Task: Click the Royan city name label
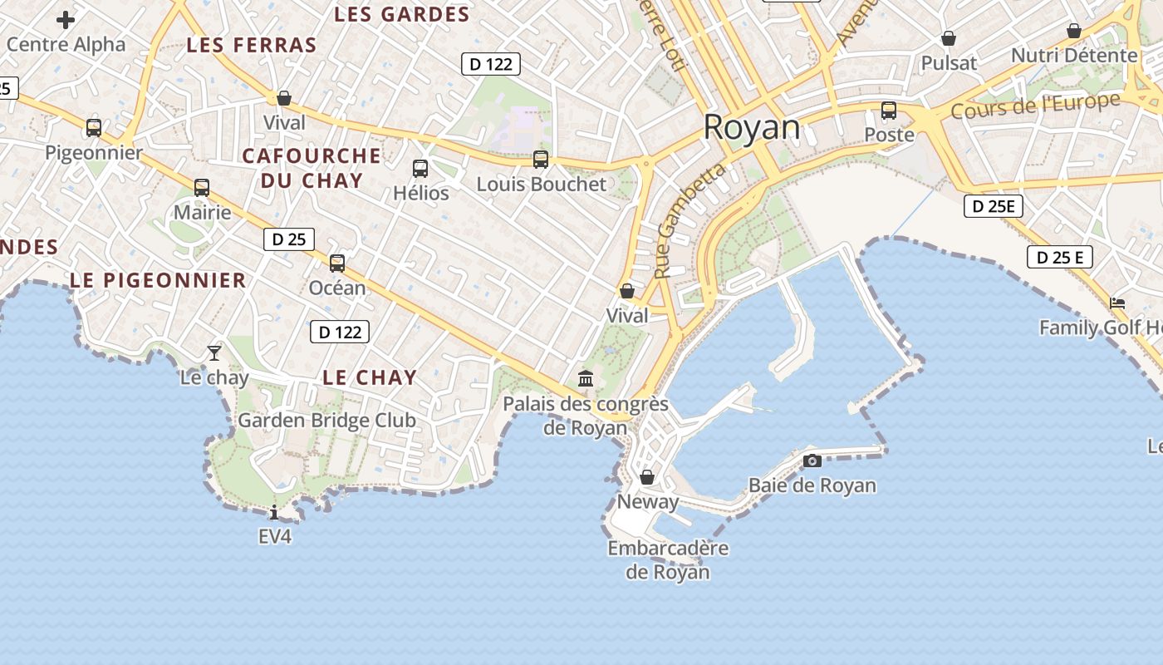(x=752, y=128)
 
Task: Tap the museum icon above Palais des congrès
(x=586, y=378)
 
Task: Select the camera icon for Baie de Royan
(x=812, y=461)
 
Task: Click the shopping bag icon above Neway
(x=647, y=477)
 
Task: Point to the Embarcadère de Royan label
(x=668, y=559)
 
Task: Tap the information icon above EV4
(x=274, y=512)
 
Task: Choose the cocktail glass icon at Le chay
(x=214, y=352)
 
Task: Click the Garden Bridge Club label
(x=326, y=420)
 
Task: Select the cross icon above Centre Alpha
(x=66, y=20)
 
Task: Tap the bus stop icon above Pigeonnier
(x=94, y=128)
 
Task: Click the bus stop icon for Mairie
(x=202, y=188)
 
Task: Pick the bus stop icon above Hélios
(x=420, y=169)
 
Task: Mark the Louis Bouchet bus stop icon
(x=541, y=160)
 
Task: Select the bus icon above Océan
(x=337, y=264)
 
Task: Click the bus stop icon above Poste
(x=889, y=111)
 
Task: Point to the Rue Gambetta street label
(x=690, y=221)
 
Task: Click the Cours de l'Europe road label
(x=1035, y=106)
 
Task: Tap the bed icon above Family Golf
(x=1117, y=303)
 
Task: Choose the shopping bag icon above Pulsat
(x=949, y=38)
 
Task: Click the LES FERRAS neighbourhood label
(x=252, y=45)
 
